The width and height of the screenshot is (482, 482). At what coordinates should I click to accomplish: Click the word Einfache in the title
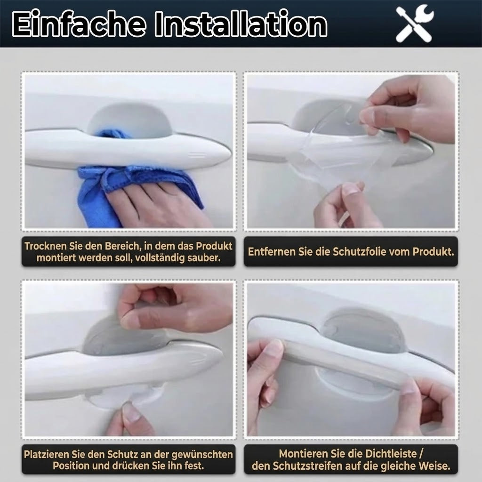(79, 24)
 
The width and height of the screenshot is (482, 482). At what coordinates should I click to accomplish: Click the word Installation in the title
(241, 24)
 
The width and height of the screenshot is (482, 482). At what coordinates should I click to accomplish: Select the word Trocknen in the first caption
(46, 246)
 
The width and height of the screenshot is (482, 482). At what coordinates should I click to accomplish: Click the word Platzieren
(47, 454)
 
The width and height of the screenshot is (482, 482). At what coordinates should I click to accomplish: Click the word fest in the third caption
(195, 466)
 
